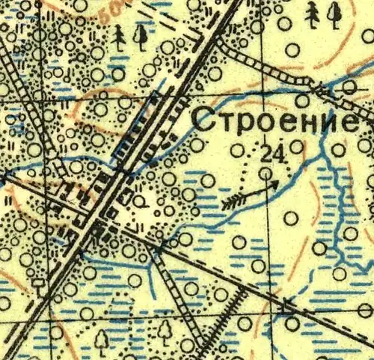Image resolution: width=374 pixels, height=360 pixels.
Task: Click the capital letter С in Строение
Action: (x=203, y=120)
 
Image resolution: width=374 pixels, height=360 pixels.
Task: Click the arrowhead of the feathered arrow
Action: (x=274, y=182)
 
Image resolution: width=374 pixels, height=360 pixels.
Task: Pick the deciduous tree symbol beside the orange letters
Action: (x=139, y=36)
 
